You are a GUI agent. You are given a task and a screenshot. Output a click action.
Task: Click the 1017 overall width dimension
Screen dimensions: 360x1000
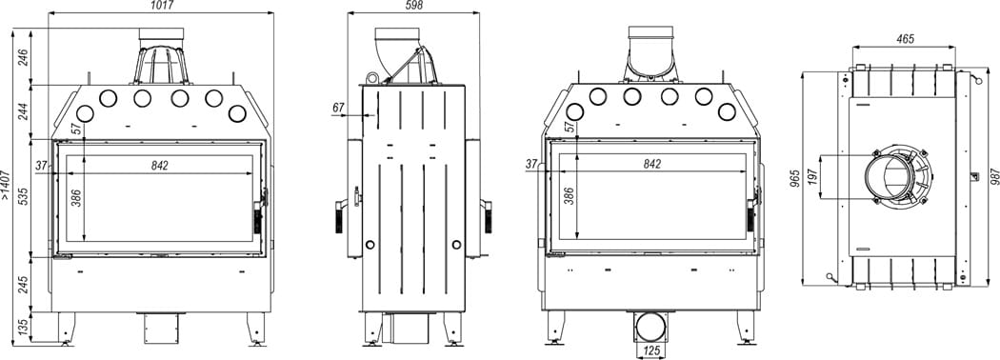[161, 7]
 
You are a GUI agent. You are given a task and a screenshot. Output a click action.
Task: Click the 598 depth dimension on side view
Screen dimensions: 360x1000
[412, 7]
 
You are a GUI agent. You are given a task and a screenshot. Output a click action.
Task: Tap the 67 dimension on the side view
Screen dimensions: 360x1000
[338, 109]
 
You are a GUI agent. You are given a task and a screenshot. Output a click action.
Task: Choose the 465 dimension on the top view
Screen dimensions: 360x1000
[905, 39]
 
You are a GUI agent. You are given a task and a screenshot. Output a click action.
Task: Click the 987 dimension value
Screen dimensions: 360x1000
[991, 178]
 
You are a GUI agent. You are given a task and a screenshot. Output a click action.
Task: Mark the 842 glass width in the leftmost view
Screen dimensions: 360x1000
[159, 166]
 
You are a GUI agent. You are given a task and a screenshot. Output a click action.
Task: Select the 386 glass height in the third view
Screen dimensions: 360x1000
[569, 197]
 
